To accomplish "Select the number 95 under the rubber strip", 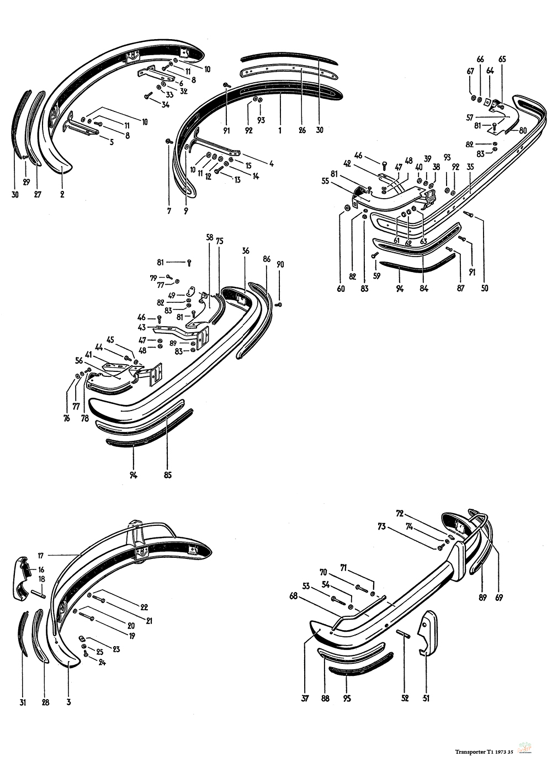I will (x=346, y=698).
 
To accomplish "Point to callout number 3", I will (x=68, y=702).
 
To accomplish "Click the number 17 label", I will (x=40, y=556).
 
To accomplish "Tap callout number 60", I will (x=341, y=288).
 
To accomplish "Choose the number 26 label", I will (x=302, y=130).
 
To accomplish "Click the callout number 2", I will (x=62, y=194).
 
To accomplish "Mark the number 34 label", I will (x=165, y=104).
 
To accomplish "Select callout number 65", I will (x=502, y=59).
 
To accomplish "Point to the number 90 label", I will (x=280, y=264).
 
